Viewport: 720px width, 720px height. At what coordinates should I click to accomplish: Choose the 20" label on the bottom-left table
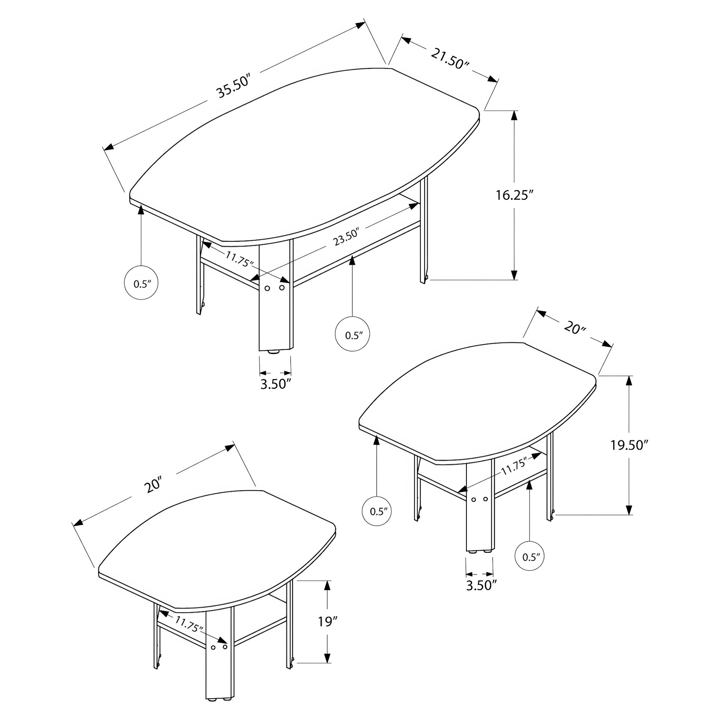point(154,485)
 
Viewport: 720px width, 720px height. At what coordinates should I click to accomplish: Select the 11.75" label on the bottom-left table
point(189,624)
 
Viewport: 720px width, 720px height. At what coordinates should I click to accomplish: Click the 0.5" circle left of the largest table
point(141,283)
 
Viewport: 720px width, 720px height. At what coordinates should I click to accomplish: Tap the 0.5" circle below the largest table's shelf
point(352,335)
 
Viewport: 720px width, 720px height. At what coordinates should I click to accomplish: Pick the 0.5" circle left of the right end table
point(377,511)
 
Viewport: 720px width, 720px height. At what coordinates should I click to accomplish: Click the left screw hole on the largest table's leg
point(267,288)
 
